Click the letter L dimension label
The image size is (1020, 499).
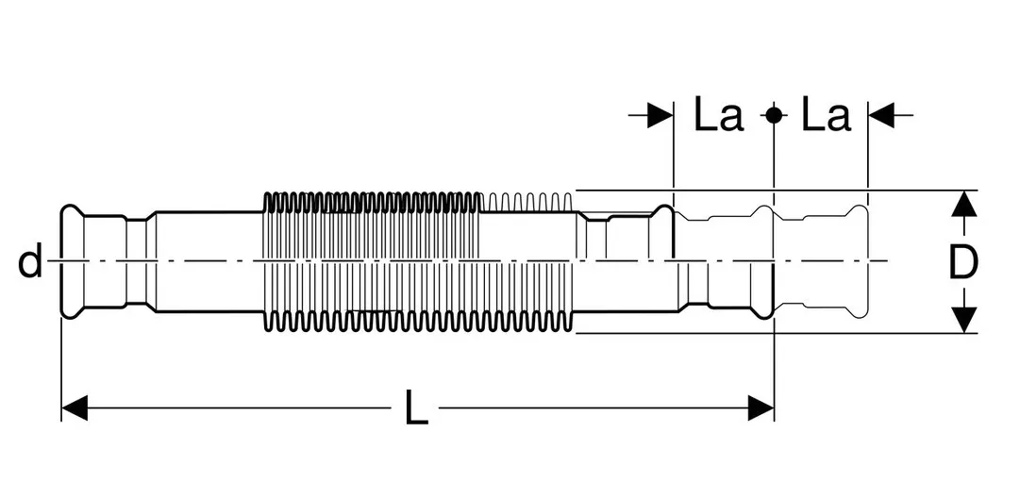tap(416, 408)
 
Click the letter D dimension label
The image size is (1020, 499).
tap(963, 263)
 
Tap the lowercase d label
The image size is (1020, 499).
tap(30, 261)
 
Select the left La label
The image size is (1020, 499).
tap(718, 114)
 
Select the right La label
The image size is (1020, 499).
tap(826, 114)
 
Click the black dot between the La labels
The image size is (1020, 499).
tap(774, 115)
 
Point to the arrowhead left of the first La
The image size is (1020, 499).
tap(660, 115)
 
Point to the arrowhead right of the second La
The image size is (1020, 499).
tap(881, 115)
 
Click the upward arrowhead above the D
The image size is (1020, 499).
tap(964, 204)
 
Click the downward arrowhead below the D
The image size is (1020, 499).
tap(964, 320)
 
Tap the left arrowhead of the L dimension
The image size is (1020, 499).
tap(75, 408)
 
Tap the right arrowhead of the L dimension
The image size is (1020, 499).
tap(761, 408)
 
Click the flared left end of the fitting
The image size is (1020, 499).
tap(72, 261)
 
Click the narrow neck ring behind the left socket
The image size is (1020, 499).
tap(136, 261)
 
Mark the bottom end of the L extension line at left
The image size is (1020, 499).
tap(61, 421)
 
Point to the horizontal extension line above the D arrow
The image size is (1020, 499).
tap(777, 191)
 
